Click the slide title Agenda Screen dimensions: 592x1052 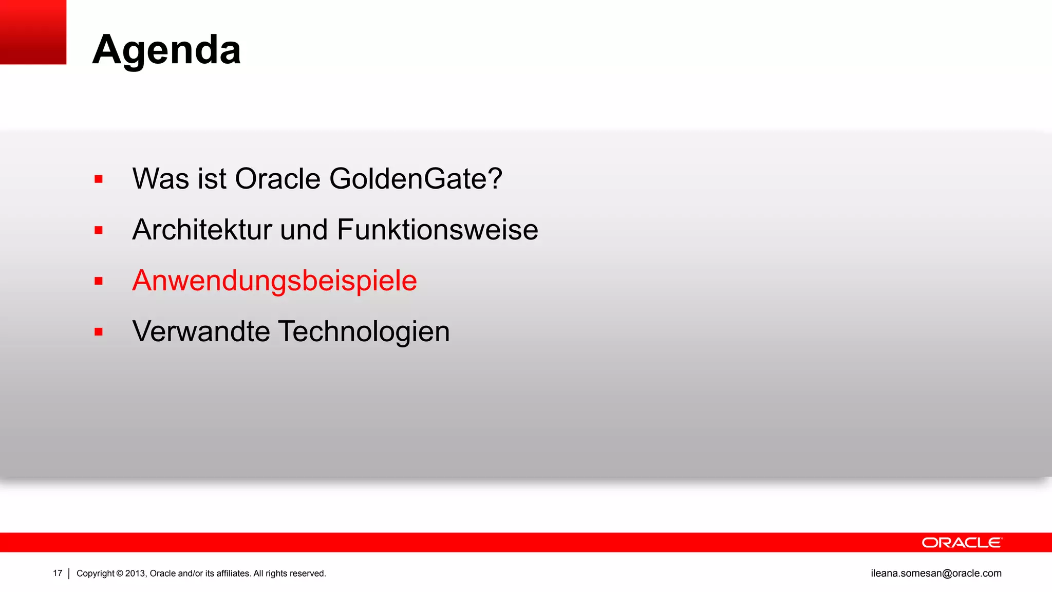click(166, 50)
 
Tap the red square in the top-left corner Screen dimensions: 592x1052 click(33, 32)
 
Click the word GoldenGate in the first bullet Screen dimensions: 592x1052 click(416, 179)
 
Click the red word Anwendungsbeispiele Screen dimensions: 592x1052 click(274, 281)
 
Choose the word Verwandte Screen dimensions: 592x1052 click(201, 331)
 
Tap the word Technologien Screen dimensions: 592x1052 click(364, 331)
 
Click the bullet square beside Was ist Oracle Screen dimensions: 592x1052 click(99, 179)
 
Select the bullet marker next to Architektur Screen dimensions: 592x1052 click(99, 230)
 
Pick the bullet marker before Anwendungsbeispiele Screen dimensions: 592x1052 click(99, 281)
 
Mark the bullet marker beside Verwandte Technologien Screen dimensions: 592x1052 click(99, 332)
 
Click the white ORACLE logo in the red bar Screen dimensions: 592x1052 click(962, 543)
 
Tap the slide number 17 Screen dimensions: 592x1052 click(58, 573)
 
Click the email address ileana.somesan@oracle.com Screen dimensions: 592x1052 click(936, 573)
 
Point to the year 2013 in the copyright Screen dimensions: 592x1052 click(136, 573)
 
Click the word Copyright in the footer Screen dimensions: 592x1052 click(96, 573)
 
